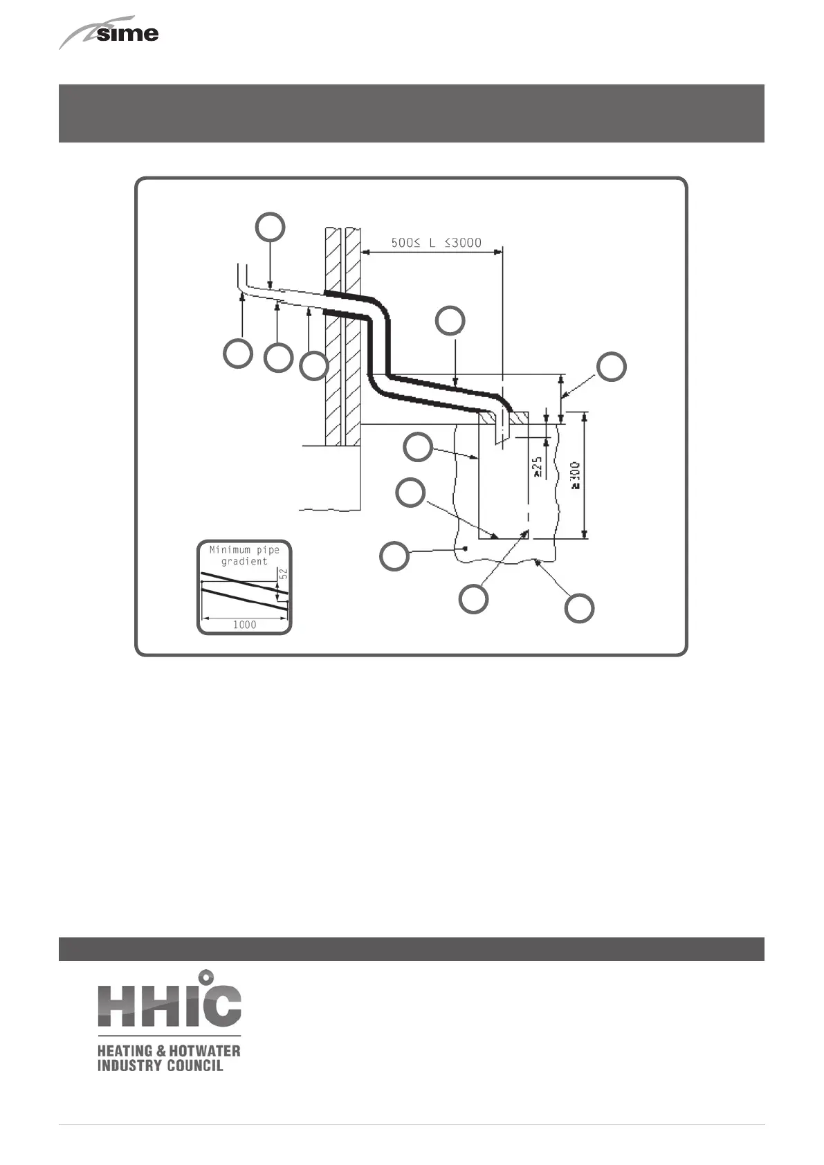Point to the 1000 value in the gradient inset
(x=244, y=624)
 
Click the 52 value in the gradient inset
(x=283, y=574)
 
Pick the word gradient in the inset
(x=244, y=561)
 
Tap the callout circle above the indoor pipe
(x=271, y=227)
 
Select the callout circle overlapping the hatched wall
(x=314, y=365)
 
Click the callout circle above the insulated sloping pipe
(x=450, y=321)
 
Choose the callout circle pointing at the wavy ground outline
(x=579, y=608)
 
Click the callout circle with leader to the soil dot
(x=394, y=557)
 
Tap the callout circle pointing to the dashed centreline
(x=474, y=598)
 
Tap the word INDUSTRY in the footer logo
(x=127, y=1065)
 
